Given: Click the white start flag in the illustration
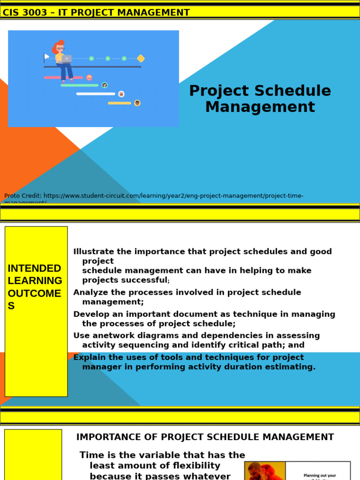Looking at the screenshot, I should pos(46,57).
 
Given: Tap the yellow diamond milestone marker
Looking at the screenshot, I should pos(141,59).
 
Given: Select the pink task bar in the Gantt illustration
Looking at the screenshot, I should pos(63,77).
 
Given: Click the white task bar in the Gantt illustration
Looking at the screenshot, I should pos(96,94).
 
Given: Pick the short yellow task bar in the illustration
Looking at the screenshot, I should pos(120,103).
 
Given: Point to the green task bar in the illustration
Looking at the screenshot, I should pos(80,85).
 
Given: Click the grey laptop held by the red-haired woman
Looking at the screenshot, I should pos(66,59).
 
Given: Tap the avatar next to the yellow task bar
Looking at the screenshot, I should pos(137,103).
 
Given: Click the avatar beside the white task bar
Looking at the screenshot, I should pos(121,94).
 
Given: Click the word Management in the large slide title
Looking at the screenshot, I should pos(260,107).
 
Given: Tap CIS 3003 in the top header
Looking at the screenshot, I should pos(25,13).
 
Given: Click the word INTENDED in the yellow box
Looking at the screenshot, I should pos(35,269).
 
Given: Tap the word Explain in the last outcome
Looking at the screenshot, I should pos(90,357).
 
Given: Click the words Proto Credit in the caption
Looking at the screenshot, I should pos(22,196).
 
